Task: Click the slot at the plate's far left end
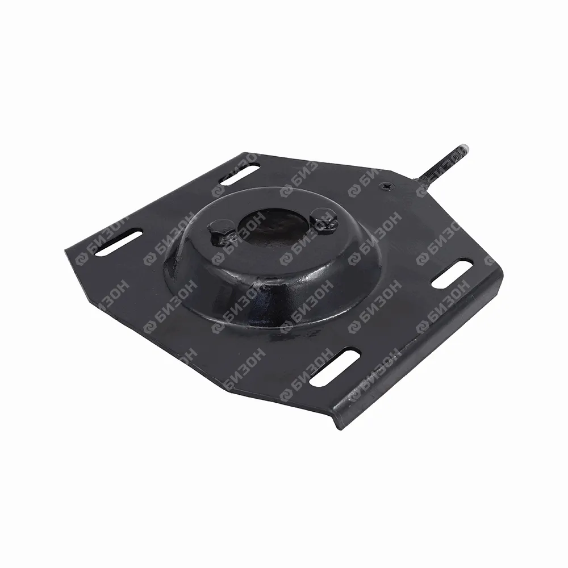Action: pyautogui.click(x=119, y=244)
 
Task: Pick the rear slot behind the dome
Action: pyautogui.click(x=240, y=174)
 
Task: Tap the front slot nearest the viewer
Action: pyautogui.click(x=335, y=366)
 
